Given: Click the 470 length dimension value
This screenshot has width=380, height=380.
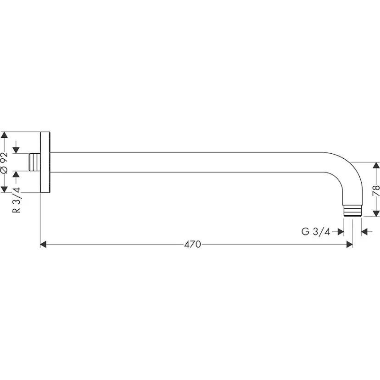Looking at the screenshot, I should pos(193,245).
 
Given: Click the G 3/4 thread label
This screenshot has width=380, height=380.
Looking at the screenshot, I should pos(316,232).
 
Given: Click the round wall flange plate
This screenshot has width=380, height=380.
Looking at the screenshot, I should pos(45,162).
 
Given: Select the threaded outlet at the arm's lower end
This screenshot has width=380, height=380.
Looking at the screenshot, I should pos(352,211).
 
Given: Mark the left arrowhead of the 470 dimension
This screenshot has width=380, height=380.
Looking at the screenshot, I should pos(44,245).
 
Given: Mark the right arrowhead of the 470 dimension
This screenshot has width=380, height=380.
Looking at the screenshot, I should pos(349,245).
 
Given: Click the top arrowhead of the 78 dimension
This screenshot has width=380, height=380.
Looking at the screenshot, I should pos(376,165).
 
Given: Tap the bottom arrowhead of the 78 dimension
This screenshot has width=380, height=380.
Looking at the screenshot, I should pos(376,213).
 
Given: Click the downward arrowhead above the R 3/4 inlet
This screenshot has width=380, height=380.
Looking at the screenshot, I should pos(17,150).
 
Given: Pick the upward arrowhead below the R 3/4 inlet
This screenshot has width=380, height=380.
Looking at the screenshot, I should pos(17,175).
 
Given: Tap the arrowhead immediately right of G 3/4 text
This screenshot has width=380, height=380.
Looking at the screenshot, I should pos(341,232).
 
